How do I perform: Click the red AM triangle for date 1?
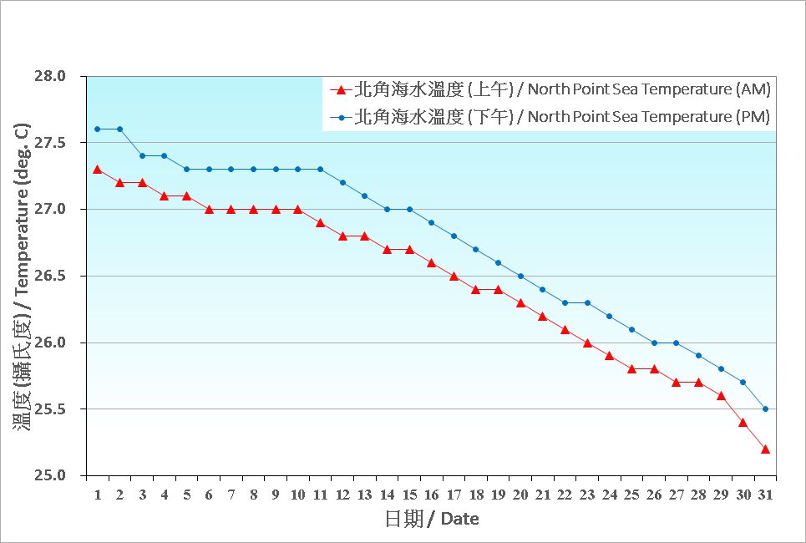(x=98, y=170)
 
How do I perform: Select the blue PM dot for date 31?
(x=765, y=409)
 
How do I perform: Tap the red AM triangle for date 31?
(x=765, y=449)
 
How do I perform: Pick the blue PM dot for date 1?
(x=98, y=129)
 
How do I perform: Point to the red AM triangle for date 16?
(x=431, y=263)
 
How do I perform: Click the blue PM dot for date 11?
(x=320, y=170)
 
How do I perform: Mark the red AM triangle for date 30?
(x=743, y=423)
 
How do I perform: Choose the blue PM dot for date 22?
(x=565, y=302)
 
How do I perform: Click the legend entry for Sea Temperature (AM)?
(x=551, y=89)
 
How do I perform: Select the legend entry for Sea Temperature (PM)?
(x=551, y=117)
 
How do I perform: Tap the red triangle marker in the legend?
(x=340, y=89)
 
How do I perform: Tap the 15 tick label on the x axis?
(x=408, y=495)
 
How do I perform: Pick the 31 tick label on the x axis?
(x=765, y=495)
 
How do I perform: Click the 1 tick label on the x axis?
(x=98, y=495)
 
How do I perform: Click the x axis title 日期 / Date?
(x=432, y=519)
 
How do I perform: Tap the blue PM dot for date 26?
(x=654, y=343)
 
